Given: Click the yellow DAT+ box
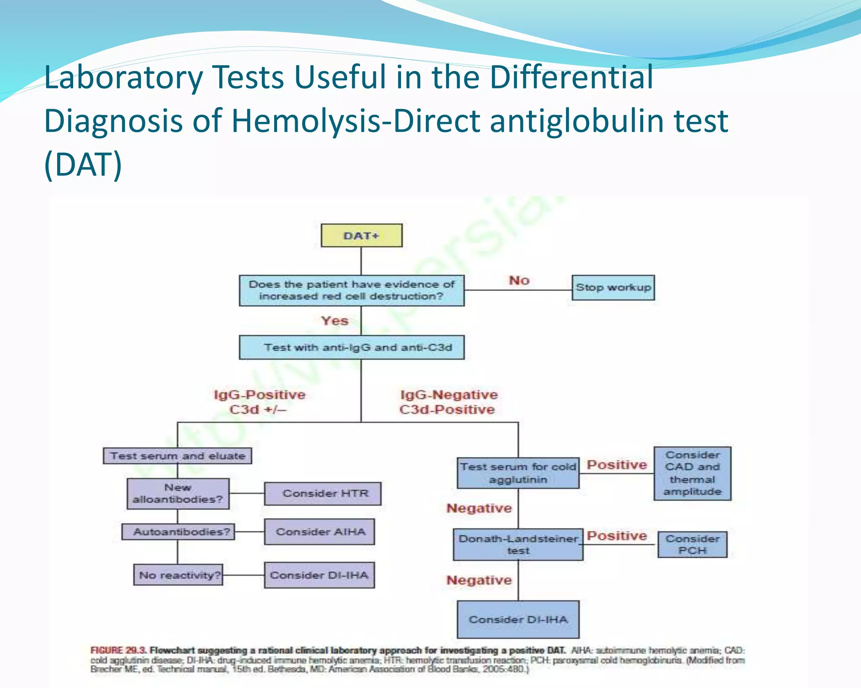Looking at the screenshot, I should [362, 235].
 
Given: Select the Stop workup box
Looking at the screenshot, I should [613, 288].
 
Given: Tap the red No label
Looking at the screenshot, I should [519, 280].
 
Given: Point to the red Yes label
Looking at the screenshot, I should [335, 321].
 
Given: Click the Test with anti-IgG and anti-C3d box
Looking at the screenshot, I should [352, 347].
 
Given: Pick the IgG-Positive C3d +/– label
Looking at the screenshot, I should [259, 402].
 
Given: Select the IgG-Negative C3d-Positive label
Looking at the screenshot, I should [448, 402].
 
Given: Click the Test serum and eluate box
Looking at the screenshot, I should [177, 456].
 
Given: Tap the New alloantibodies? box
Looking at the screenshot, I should [178, 494].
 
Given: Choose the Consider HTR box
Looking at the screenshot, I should [323, 494].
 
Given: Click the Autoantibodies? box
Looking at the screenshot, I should [178, 532].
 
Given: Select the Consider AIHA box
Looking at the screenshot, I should [320, 532].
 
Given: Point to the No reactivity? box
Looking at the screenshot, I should [178, 575].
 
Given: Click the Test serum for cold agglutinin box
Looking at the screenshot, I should [518, 473].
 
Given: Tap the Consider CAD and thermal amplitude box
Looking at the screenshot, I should [692, 473].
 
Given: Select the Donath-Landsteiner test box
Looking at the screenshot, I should [518, 544].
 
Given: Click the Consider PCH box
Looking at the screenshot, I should [692, 544].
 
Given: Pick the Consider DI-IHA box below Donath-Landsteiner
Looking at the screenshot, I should [518, 620].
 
